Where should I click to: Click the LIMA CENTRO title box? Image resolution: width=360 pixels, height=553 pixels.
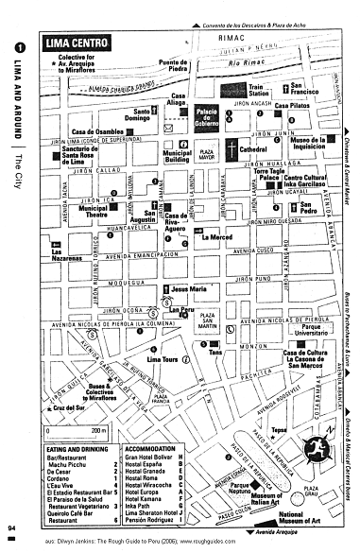[x=77, y=43]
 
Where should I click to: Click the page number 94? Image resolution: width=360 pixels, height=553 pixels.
[x=10, y=527]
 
